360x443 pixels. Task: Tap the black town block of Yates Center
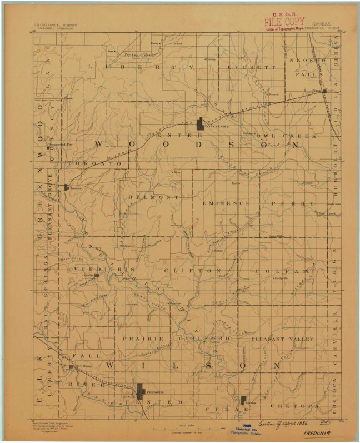(199, 125)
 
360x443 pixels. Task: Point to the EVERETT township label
(251, 67)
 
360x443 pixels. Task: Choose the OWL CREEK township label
(292, 136)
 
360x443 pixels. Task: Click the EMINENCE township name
(226, 203)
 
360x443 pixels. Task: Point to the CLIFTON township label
(193, 271)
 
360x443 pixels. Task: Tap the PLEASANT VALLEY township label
(282, 338)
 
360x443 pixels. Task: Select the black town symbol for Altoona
(243, 399)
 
